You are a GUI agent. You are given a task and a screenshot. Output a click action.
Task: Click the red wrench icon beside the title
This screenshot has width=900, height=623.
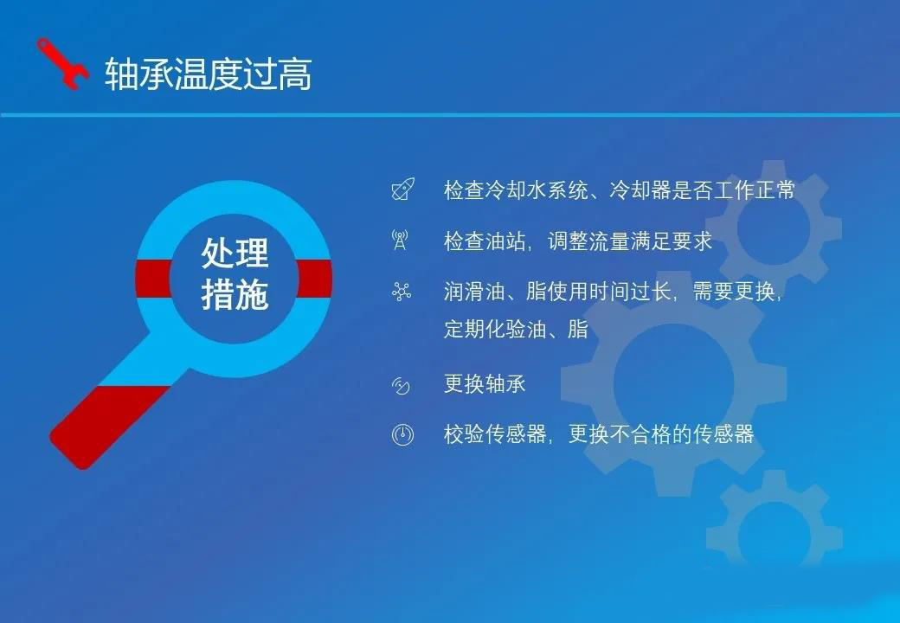63,64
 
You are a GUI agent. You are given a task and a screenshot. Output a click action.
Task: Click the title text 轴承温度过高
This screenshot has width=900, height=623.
209,74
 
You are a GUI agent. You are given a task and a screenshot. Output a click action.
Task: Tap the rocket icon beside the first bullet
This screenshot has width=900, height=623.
403,189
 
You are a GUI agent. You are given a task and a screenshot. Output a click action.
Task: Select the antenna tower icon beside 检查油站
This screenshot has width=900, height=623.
400,240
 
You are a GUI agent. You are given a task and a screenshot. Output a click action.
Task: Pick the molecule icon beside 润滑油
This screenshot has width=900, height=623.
402,292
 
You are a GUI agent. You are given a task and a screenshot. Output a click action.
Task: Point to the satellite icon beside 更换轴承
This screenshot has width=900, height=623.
401,386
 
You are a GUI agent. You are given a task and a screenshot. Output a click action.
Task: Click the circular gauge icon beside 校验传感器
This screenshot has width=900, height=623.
402,434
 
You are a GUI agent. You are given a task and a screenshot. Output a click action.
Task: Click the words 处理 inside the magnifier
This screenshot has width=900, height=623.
235,253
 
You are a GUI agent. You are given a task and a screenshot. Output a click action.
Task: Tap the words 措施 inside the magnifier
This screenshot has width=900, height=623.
235,294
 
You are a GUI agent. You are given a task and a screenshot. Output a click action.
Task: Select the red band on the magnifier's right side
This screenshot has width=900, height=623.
314,279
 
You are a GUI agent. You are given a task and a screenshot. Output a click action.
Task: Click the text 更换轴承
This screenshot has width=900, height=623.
485,384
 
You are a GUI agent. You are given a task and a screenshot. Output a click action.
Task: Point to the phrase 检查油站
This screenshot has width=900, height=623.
485,241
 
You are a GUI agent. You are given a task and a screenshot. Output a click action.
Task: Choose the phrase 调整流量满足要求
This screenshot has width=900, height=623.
630,241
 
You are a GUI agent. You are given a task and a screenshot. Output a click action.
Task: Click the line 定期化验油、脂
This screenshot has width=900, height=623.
516,330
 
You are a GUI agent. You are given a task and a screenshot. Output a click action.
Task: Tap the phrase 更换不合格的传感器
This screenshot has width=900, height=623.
660,434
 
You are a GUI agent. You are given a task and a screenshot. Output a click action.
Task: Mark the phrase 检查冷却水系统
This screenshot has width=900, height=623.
516,189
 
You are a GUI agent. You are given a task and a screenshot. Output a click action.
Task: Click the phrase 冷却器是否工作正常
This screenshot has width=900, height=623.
702,189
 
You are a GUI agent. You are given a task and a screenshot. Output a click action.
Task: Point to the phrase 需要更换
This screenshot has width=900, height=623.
734,292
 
